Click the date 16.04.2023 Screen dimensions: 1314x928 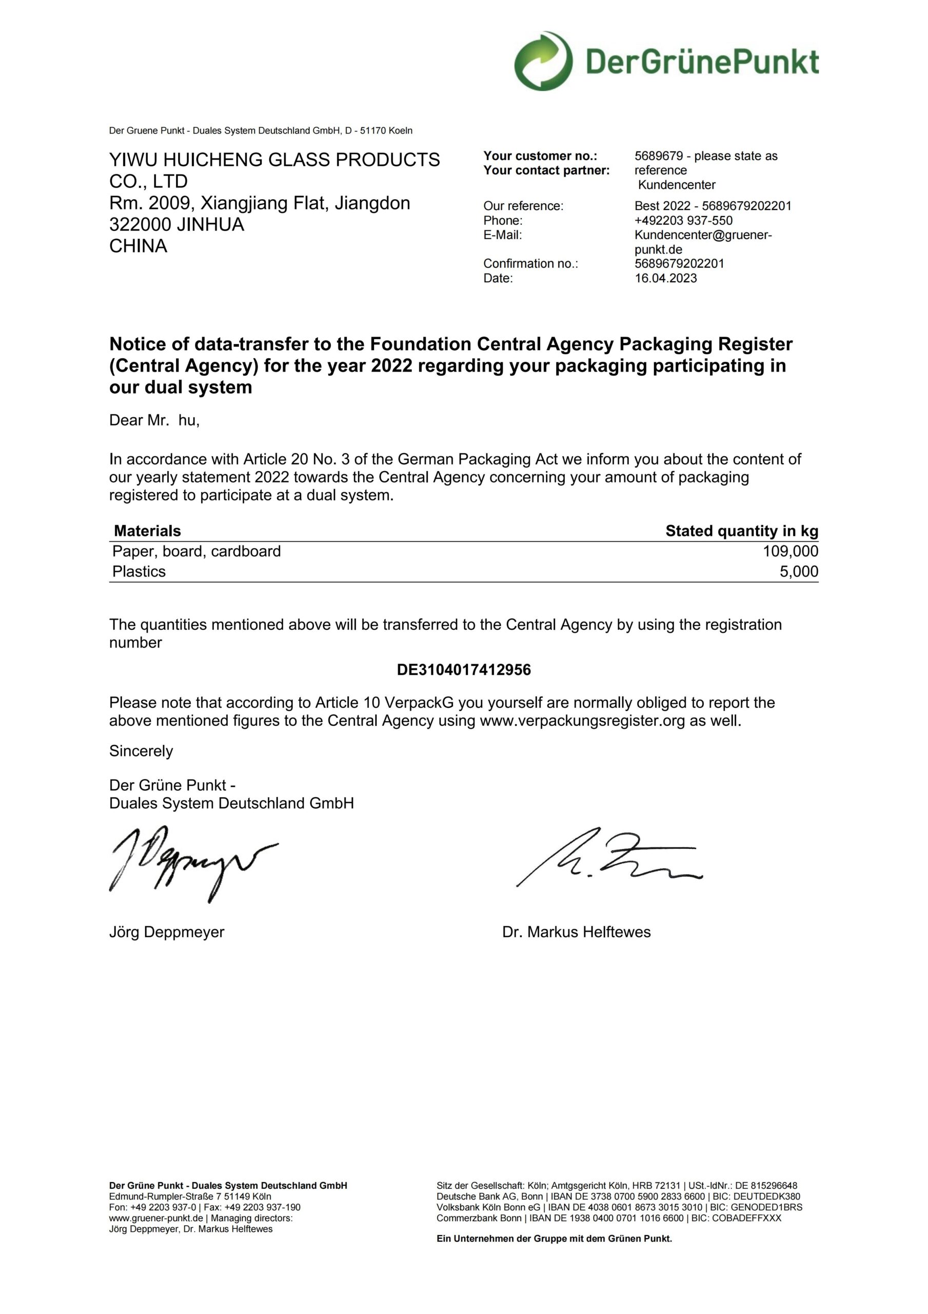coord(665,278)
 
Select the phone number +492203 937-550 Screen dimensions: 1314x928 coord(683,220)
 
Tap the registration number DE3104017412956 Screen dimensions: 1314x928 coord(463,670)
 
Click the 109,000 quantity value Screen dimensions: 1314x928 coord(790,551)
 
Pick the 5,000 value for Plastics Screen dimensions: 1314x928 coord(799,571)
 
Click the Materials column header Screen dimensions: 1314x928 coord(147,531)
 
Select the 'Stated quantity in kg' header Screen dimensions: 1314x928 coord(741,531)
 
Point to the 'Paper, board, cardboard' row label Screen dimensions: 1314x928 coord(196,551)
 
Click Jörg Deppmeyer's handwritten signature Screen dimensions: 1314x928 coord(189,861)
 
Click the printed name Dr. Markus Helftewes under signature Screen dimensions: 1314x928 coord(576,932)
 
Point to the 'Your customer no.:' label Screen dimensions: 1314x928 coord(540,156)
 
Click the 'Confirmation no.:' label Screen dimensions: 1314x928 coord(530,263)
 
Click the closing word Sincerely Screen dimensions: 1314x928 coord(141,751)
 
